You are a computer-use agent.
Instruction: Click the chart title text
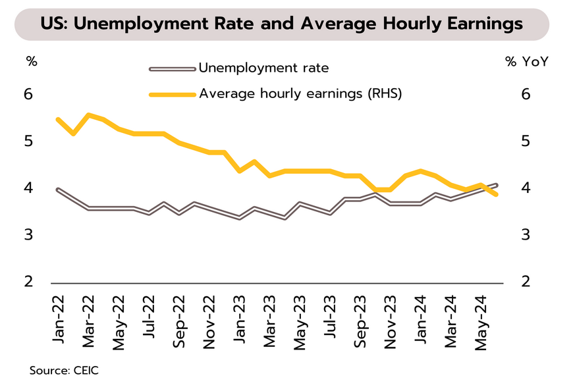click(x=281, y=24)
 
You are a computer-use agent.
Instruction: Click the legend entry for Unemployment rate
click(x=263, y=67)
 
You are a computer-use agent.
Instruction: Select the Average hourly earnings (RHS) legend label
click(x=300, y=93)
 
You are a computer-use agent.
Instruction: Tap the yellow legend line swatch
click(x=173, y=94)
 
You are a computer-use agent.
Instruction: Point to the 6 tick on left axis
click(x=28, y=94)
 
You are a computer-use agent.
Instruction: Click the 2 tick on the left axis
click(x=28, y=282)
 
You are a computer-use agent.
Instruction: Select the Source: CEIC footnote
click(x=64, y=371)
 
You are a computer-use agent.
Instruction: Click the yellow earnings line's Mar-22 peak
click(x=88, y=115)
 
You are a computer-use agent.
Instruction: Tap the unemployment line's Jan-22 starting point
click(x=58, y=190)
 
